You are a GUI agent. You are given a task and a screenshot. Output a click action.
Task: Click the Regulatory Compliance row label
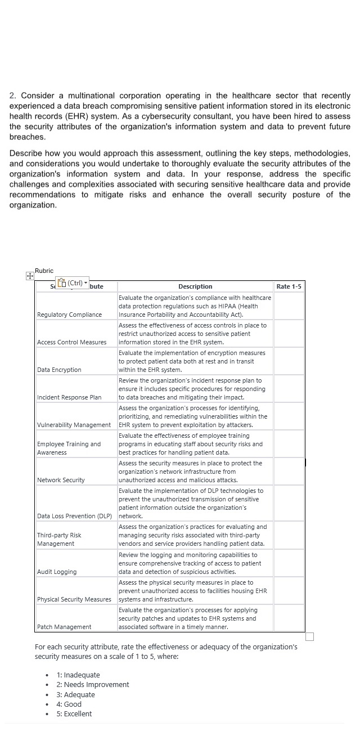pos(69,315)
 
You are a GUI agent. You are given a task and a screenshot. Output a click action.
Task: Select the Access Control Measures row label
pos(71,342)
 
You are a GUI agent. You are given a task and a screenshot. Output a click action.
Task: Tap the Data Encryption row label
pos(59,370)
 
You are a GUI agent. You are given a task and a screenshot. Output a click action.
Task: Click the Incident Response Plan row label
pos(69,397)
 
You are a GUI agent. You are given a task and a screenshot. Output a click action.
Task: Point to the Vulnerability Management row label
pos(74,425)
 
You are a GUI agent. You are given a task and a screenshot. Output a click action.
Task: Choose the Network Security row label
pos(61,480)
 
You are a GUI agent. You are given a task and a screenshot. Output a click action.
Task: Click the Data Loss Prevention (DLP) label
pos(74,516)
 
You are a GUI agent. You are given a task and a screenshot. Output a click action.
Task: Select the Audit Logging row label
pos(57,572)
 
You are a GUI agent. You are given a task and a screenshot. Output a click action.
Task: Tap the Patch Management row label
pos(64,627)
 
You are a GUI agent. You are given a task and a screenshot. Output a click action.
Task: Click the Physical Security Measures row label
pos(74,599)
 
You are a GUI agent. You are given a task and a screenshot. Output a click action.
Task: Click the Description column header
pos(195,286)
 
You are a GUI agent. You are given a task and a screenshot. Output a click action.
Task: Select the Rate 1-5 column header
pos(289,286)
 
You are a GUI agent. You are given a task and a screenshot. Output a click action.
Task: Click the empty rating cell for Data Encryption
pos(289,361)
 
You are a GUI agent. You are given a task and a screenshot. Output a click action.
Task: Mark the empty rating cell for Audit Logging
pos(289,563)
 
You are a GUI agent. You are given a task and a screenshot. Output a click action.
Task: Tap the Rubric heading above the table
pos(44,271)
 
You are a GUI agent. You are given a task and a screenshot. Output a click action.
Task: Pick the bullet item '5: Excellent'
pos(78,713)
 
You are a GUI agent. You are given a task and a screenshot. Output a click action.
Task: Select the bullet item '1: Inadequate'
pos(78,675)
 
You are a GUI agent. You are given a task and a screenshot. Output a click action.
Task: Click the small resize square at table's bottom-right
pos(309,636)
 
